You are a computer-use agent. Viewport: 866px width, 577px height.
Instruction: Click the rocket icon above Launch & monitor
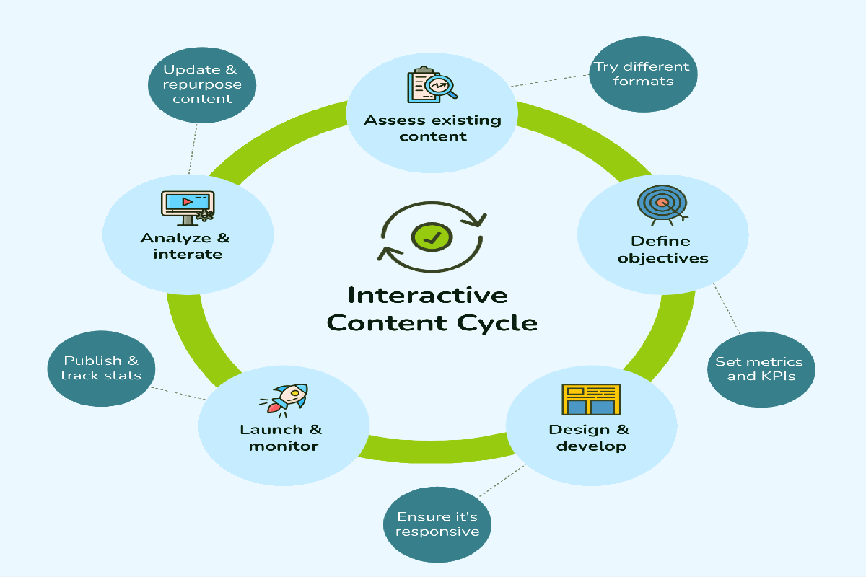pos(284,400)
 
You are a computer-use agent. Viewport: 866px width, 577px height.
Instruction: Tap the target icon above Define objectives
pos(662,205)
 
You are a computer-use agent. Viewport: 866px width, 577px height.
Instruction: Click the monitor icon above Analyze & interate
pos(188,208)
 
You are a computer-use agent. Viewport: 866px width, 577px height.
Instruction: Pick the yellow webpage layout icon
pos(592,400)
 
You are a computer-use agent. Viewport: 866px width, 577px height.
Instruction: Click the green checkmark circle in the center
pos(432,237)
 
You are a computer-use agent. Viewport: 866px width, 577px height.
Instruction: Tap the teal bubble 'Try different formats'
pos(643,74)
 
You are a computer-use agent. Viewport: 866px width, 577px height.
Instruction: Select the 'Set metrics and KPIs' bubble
pos(761,369)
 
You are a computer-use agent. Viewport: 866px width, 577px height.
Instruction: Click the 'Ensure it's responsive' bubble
pos(437,524)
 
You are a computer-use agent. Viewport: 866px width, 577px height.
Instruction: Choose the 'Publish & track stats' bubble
pos(101,369)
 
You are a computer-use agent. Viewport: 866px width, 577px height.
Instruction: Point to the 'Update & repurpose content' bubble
pos(202,85)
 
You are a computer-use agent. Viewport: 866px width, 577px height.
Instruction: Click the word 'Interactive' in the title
pos(427,296)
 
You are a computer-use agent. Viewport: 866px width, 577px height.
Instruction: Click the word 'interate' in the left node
pos(188,255)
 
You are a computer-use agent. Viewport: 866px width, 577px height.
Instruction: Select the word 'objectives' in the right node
pos(662,258)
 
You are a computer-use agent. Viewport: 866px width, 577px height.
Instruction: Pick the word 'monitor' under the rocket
pos(284,446)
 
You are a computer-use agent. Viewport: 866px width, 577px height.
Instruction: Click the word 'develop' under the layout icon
pos(592,446)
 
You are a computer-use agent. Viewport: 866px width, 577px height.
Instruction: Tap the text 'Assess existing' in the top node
pos(432,120)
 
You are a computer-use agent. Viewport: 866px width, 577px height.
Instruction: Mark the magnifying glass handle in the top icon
pos(452,94)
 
